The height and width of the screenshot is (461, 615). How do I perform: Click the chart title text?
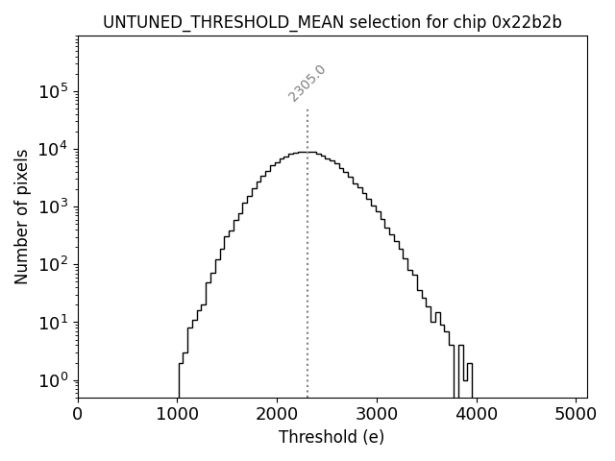[x=332, y=22]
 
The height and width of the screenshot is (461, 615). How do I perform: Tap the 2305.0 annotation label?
[x=307, y=84]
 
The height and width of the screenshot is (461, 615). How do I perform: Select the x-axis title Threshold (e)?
[x=332, y=437]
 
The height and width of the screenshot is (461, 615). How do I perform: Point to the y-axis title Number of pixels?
[x=21, y=216]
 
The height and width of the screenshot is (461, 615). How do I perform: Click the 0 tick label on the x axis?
[x=78, y=415]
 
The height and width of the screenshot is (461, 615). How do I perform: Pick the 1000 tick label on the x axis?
[x=177, y=415]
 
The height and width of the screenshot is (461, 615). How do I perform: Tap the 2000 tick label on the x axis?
[x=277, y=415]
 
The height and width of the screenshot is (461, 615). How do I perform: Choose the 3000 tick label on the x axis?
[x=377, y=415]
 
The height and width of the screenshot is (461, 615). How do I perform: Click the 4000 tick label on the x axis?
[x=476, y=415]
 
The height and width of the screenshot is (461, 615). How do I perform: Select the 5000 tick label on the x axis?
[x=575, y=415]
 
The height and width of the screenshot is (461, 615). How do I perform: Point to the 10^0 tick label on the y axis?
[x=53, y=379]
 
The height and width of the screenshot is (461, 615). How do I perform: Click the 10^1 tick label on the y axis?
[x=53, y=322]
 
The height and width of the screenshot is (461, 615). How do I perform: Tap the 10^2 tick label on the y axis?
[x=53, y=264]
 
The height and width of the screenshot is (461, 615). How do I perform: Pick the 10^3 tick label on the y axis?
[x=53, y=206]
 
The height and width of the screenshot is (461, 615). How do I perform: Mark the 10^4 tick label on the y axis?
[x=53, y=149]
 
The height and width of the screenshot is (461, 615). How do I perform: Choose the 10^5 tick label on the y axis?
[x=53, y=91]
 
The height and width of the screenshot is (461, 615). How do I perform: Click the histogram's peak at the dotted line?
[x=307, y=152]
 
